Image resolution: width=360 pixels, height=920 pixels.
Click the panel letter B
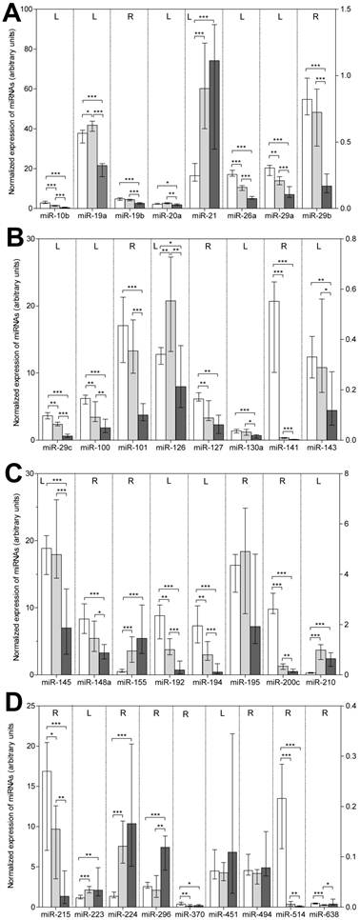click(8, 236)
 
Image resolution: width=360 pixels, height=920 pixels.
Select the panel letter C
click(8, 467)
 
